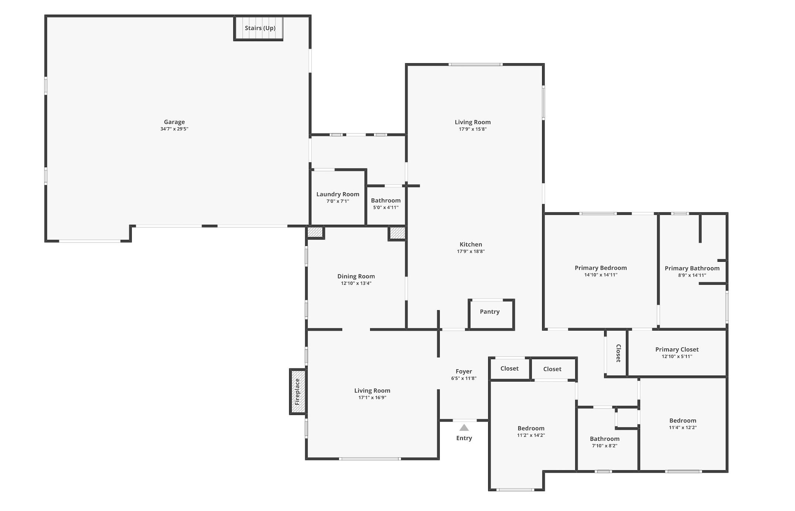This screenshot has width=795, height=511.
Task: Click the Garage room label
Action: tap(174, 122)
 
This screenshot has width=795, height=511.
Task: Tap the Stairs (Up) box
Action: tap(260, 28)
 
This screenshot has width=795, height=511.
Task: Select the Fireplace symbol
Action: tap(298, 392)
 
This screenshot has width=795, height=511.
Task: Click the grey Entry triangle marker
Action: tap(464, 428)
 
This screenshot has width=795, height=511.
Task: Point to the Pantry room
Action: tap(490, 312)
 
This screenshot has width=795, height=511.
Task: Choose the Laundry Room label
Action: tap(338, 194)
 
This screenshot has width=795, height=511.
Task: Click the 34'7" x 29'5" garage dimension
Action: tap(174, 129)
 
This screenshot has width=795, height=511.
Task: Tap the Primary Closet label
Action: tap(677, 349)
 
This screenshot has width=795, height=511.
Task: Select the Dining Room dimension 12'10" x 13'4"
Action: tap(356, 284)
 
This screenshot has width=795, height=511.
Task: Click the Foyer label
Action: tap(464, 372)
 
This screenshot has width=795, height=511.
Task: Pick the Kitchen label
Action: tap(471, 244)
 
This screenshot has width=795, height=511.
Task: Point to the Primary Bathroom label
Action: tap(692, 268)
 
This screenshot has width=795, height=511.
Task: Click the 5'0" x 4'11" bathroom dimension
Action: tap(386, 208)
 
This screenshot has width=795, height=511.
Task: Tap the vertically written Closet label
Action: tap(618, 353)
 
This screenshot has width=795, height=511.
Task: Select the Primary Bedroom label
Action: tap(601, 268)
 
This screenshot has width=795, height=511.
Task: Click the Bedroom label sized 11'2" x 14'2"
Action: tap(531, 429)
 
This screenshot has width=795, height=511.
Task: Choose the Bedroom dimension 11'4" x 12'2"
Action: tap(683, 428)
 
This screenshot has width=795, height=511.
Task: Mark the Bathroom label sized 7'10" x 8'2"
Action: tap(605, 439)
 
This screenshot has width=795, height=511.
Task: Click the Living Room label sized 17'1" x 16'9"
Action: tap(372, 391)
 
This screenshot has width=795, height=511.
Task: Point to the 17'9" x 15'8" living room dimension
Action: tap(473, 129)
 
